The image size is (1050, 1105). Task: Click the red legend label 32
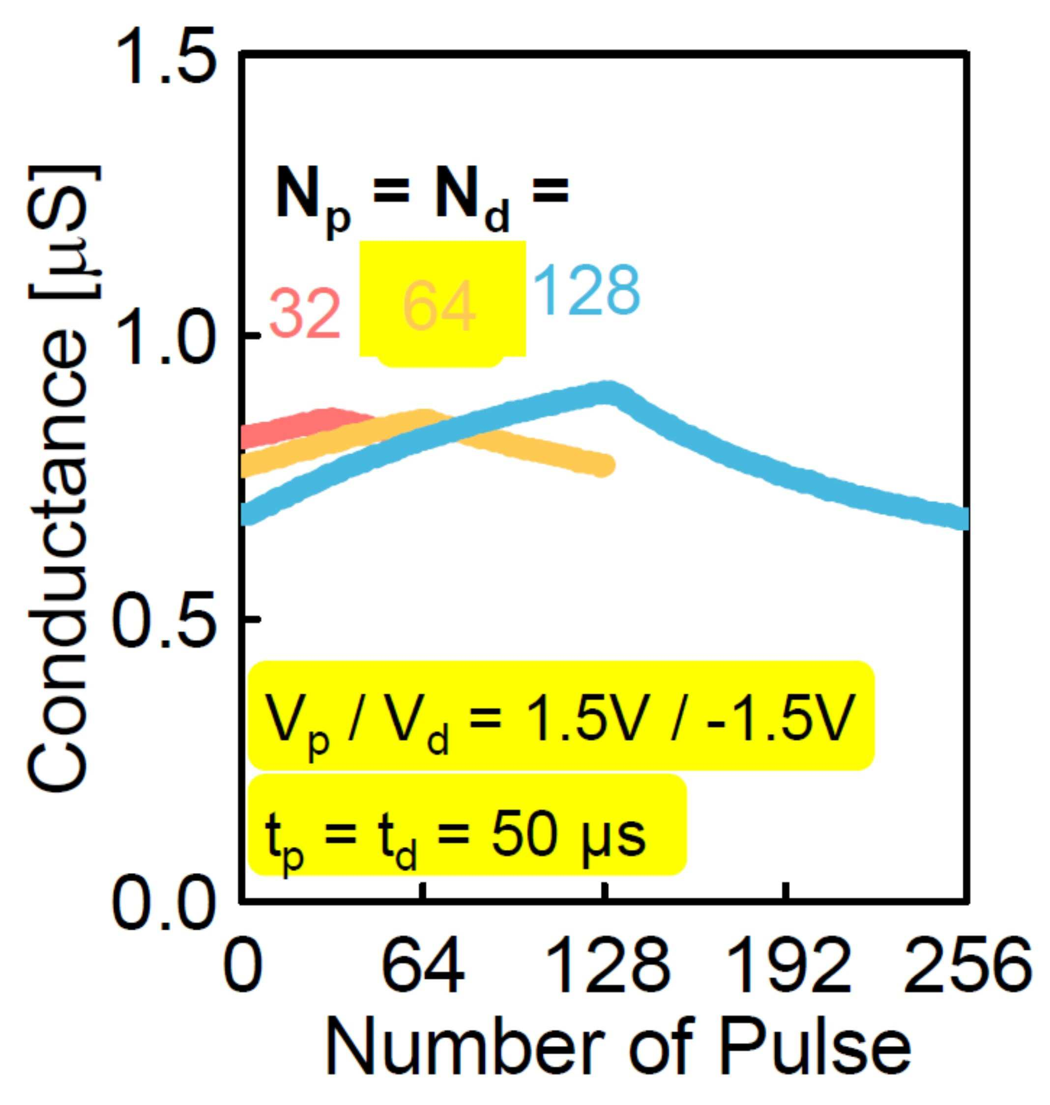tap(306, 314)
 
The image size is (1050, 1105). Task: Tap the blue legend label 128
tap(586, 291)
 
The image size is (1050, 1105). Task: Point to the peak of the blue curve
tap(609, 392)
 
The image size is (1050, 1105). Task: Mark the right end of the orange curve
tap(605, 465)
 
